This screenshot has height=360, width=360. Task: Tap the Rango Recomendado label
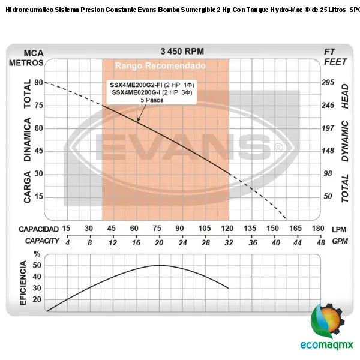coord(160,65)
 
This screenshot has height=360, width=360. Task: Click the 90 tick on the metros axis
coord(39,83)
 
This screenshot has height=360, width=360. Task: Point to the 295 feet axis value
coord(328,83)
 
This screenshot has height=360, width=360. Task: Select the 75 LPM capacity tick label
coord(157,229)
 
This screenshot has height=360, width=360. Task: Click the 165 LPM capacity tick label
coord(296,229)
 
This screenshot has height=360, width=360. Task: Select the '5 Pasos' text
coord(152,100)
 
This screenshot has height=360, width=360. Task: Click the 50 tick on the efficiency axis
coord(37,265)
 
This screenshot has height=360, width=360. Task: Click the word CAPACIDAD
coord(38,229)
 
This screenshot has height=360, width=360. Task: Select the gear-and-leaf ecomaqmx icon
coord(328,321)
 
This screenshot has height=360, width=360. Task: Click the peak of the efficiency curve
coord(159,265)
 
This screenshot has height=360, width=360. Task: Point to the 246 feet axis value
coord(328,106)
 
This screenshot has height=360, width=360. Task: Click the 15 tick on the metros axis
coord(39,197)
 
